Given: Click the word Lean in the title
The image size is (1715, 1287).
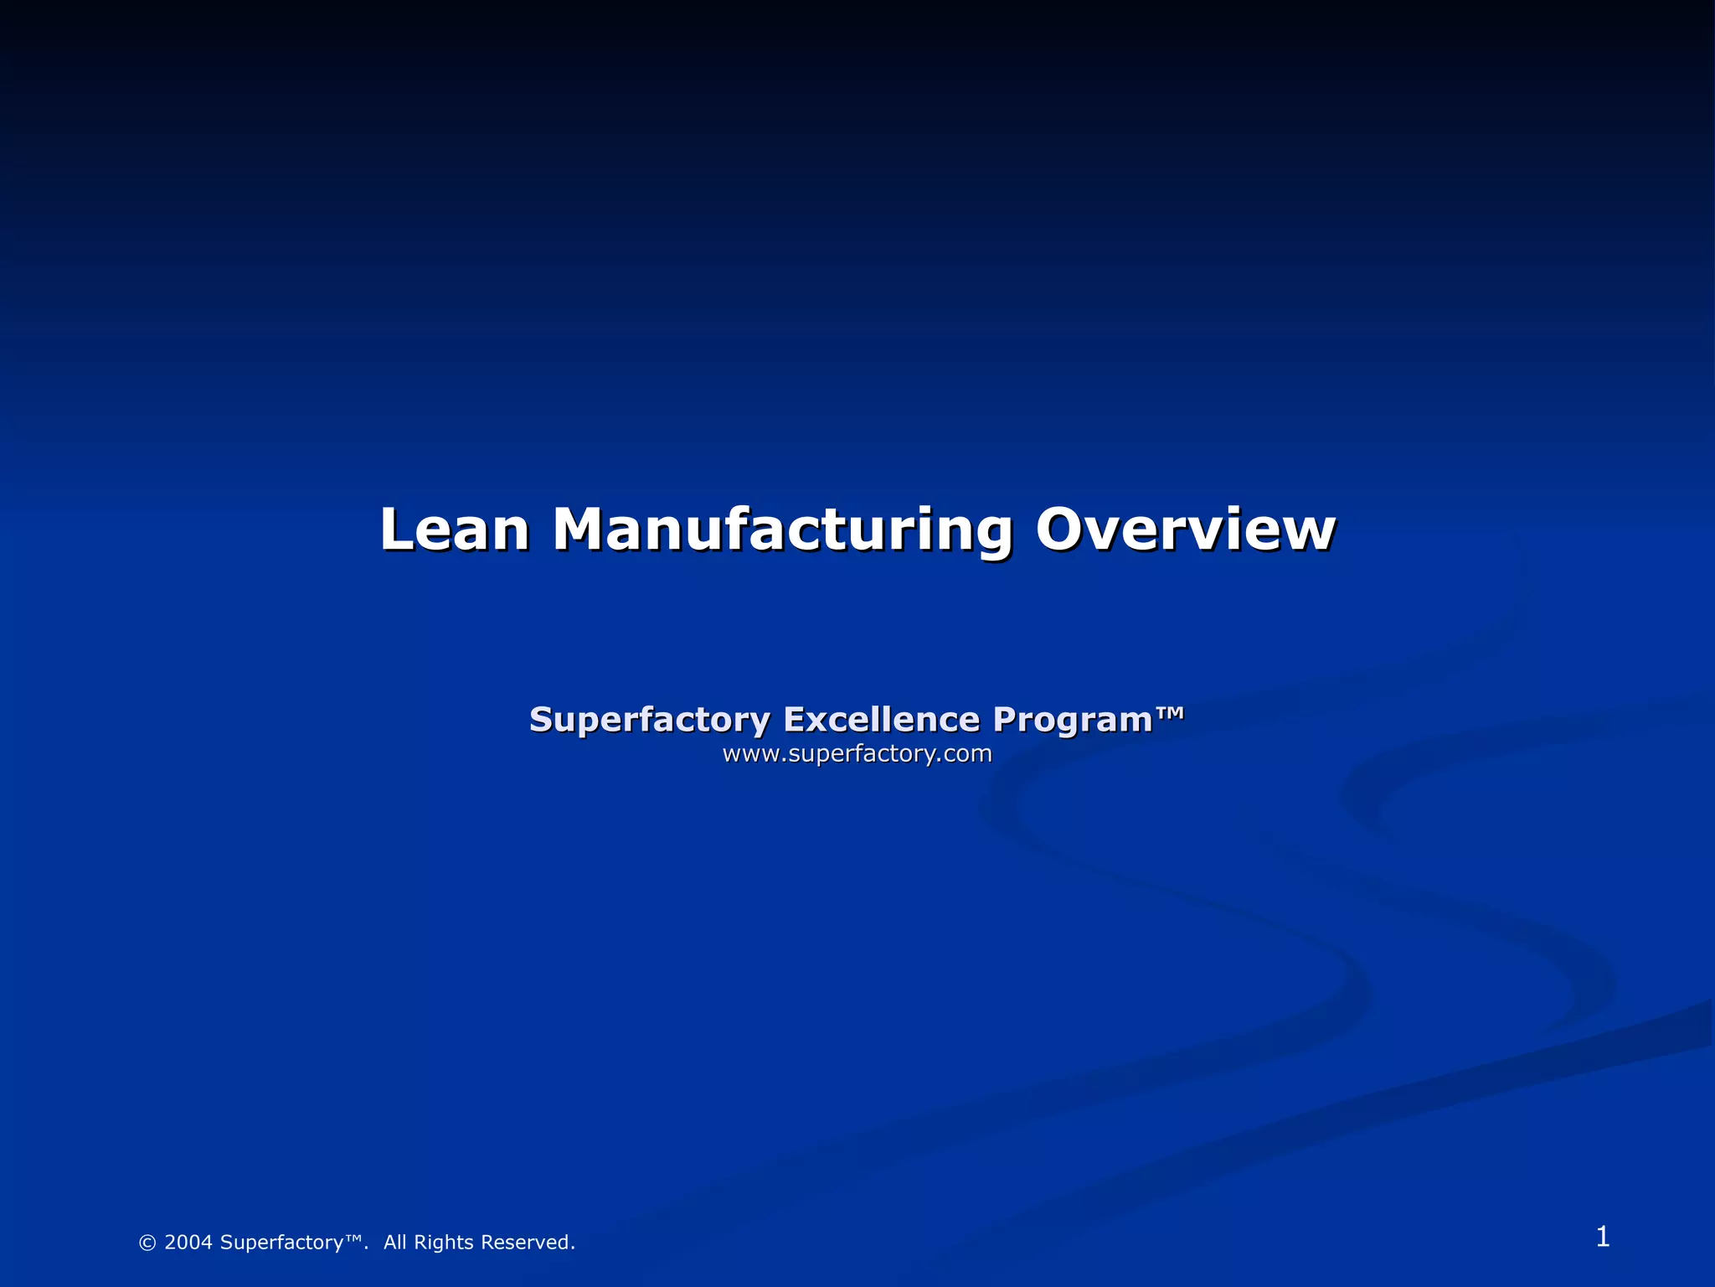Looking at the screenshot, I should [x=455, y=530].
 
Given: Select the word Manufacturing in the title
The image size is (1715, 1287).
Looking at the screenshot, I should [x=782, y=531].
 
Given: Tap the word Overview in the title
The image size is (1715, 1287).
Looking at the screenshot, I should [x=1185, y=530].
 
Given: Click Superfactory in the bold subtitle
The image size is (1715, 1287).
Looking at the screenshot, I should [x=649, y=720].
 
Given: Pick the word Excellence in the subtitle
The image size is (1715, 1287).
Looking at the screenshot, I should [x=881, y=719].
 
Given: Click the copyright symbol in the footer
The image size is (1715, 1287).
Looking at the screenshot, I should [x=147, y=1243].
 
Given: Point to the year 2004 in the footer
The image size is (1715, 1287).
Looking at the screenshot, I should [x=188, y=1243].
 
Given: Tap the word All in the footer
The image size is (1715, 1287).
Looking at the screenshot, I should [x=395, y=1243].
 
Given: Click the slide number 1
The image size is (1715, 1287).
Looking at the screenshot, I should [x=1602, y=1237].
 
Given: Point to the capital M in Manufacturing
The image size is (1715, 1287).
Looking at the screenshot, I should [x=580, y=530].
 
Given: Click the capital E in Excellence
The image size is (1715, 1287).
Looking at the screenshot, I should [x=795, y=719].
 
